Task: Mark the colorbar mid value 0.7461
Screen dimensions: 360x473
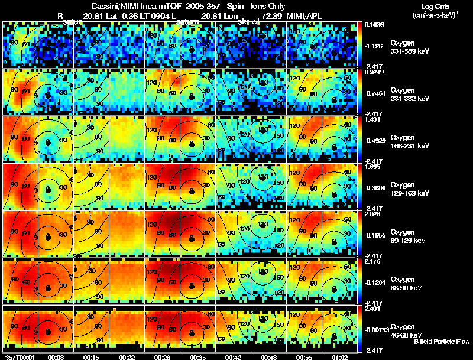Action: pyautogui.click(x=374, y=93)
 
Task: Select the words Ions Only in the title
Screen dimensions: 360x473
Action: pyautogui.click(x=268, y=5)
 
